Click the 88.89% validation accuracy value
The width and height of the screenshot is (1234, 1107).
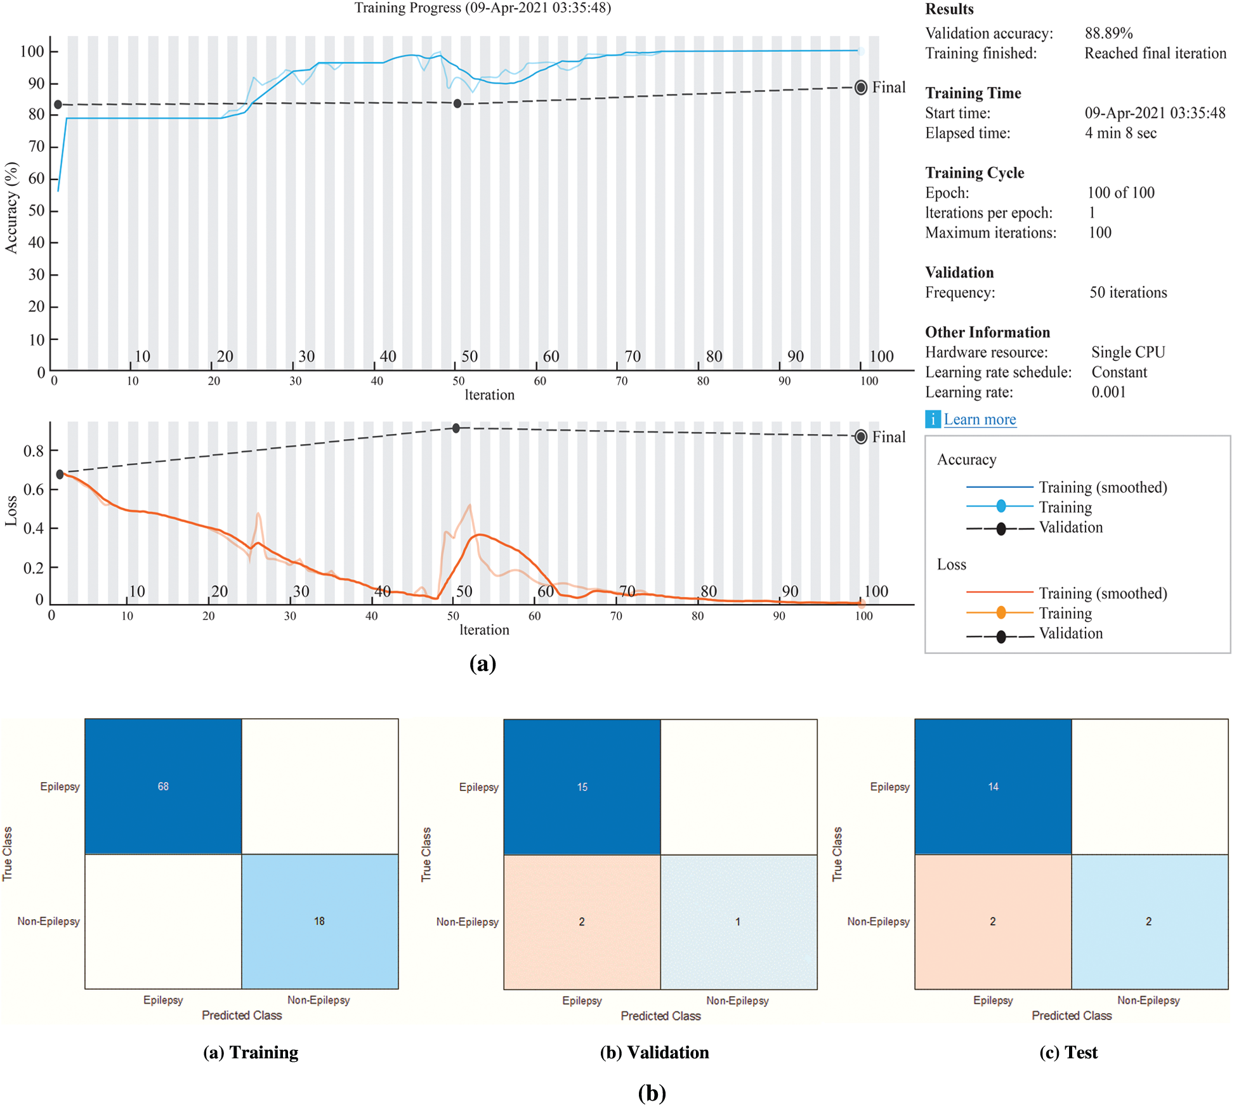pyautogui.click(x=1108, y=33)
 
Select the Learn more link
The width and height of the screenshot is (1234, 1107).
pyautogui.click(x=980, y=419)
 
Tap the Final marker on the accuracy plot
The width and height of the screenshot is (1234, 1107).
pyautogui.click(x=861, y=88)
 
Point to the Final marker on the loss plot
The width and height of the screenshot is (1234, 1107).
pyautogui.click(x=861, y=437)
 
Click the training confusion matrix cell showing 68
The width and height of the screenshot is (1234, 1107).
pyautogui.click(x=163, y=786)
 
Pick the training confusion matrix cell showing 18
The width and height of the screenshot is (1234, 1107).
pyautogui.click(x=320, y=921)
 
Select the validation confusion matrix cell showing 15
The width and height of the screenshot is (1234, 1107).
pyautogui.click(x=582, y=787)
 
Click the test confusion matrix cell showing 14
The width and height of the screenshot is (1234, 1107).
pyautogui.click(x=993, y=787)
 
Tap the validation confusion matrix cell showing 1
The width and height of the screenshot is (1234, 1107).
pyautogui.click(x=738, y=922)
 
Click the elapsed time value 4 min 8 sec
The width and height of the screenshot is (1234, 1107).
pyautogui.click(x=1120, y=133)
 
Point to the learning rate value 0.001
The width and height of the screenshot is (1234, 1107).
pyautogui.click(x=1108, y=392)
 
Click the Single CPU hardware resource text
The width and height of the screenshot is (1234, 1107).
pyautogui.click(x=1128, y=352)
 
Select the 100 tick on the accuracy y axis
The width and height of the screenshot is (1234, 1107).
pyautogui.click(x=32, y=51)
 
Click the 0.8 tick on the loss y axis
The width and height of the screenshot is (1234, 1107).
pyautogui.click(x=34, y=451)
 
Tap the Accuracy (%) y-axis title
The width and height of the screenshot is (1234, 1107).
pyautogui.click(x=11, y=207)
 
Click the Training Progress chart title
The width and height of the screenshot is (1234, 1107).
pyautogui.click(x=482, y=8)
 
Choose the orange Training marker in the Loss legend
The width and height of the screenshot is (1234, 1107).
pyautogui.click(x=1001, y=613)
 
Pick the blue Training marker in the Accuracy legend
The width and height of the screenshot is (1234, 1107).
pyautogui.click(x=1001, y=506)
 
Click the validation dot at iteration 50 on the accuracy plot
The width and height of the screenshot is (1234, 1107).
pyautogui.click(x=457, y=103)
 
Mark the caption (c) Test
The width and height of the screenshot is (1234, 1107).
pyautogui.click(x=1068, y=1052)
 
